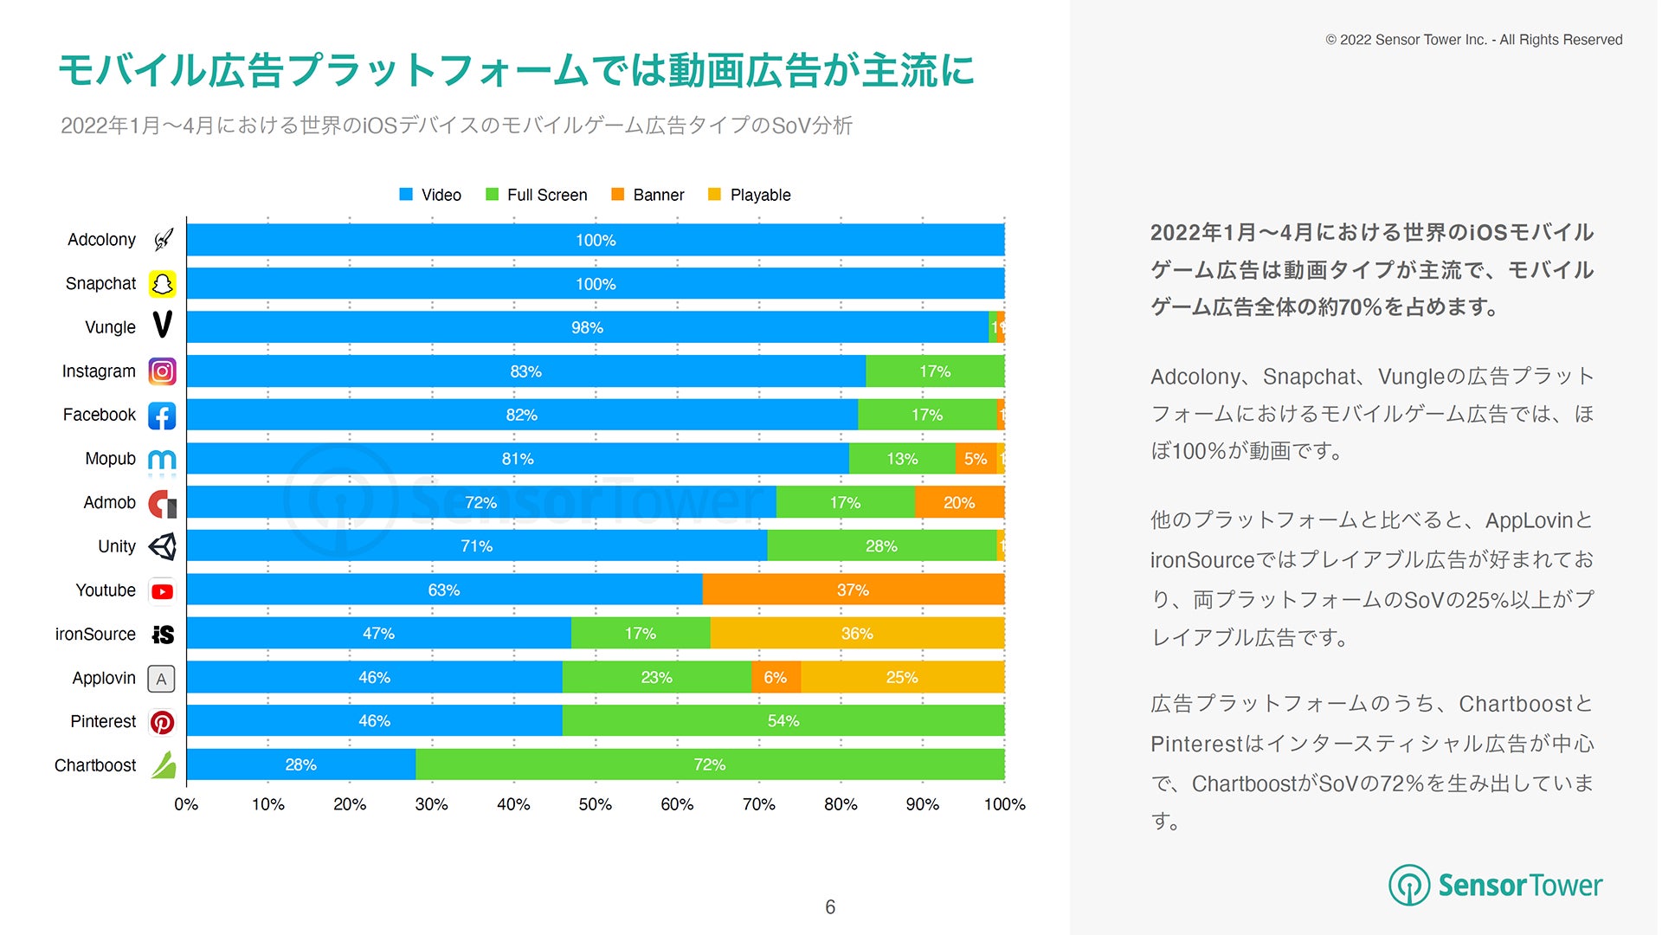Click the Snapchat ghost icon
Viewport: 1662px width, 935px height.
pos(162,284)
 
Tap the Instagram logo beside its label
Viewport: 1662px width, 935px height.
pos(162,371)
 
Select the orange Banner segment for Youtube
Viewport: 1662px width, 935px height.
pos(853,590)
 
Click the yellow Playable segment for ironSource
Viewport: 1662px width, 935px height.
pos(857,634)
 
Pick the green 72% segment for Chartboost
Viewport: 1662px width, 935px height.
pos(710,764)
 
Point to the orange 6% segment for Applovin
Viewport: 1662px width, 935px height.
pos(776,677)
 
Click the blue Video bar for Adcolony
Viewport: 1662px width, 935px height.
pos(596,240)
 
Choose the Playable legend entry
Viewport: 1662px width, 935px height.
pos(750,195)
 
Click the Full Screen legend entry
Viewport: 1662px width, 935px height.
pos(537,195)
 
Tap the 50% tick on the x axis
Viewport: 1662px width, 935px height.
pos(596,804)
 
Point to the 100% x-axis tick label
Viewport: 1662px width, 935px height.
pos(1004,804)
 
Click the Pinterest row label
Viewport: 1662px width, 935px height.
pos(103,721)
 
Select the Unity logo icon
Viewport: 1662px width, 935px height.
pos(162,546)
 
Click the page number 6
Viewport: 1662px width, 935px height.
pos(830,906)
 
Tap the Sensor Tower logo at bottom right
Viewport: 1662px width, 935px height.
pos(1496,885)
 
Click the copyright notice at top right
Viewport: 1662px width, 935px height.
pos(1473,40)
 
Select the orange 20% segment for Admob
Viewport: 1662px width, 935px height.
pos(959,502)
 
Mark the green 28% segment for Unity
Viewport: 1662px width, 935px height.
pos(881,546)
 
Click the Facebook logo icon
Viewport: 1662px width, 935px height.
pos(162,416)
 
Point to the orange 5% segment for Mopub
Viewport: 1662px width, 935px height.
pos(976,459)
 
